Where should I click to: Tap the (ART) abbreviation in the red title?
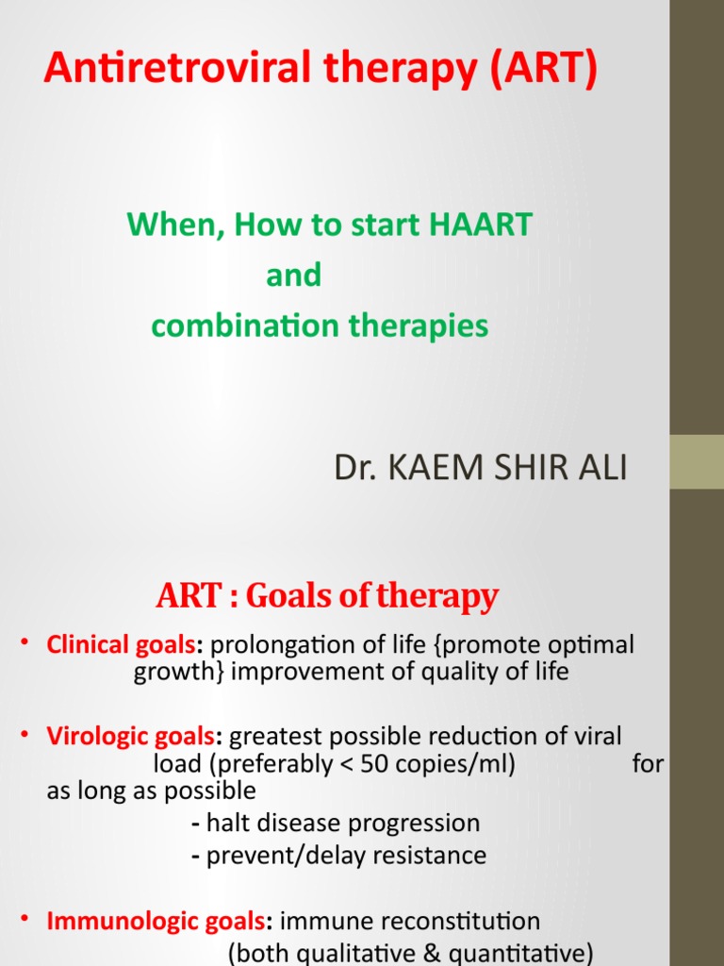[542, 70]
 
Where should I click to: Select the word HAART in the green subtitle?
[482, 225]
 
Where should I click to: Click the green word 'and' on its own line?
[293, 275]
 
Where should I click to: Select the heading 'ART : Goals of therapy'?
[326, 596]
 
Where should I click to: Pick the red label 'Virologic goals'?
[131, 736]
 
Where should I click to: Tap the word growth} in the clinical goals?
[178, 673]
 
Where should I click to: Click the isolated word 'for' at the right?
[648, 763]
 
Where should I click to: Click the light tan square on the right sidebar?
[697, 461]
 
